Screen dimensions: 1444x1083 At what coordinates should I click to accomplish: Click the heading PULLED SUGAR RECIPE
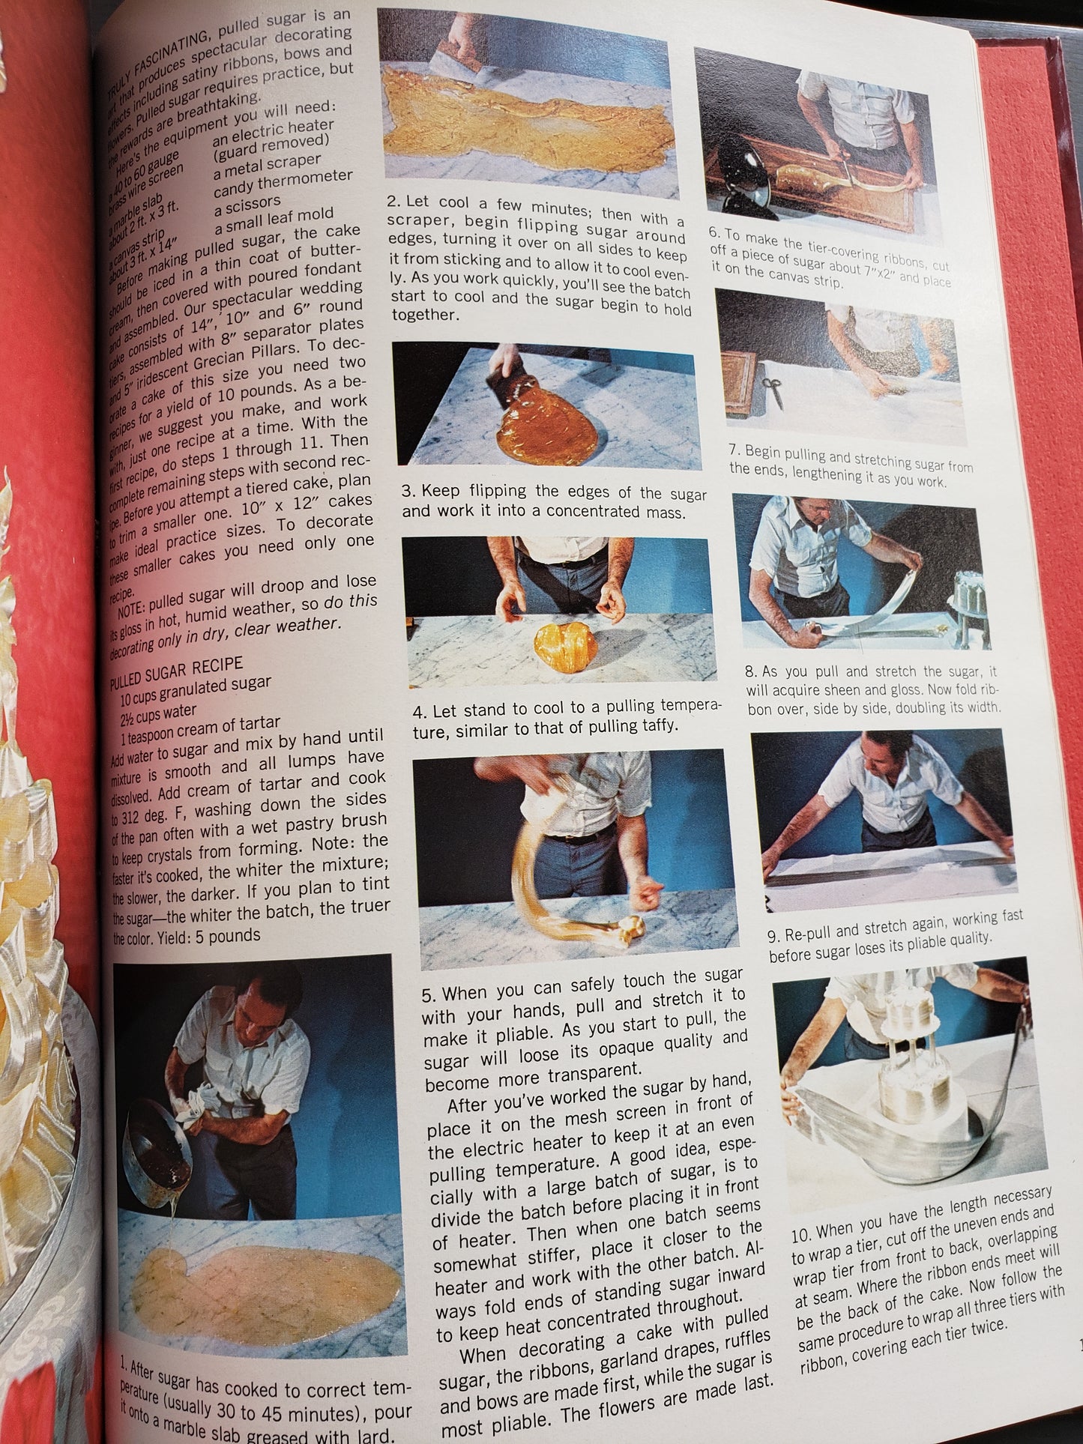176,672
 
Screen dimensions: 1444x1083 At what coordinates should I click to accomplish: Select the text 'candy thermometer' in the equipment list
283,181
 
